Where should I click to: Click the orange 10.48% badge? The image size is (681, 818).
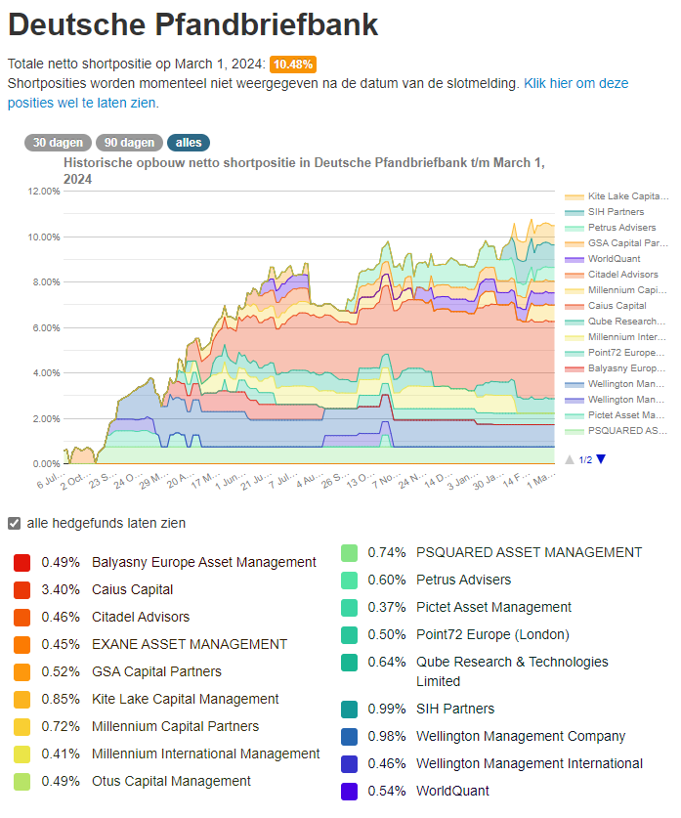[292, 65]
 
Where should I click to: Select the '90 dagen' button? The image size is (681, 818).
[130, 143]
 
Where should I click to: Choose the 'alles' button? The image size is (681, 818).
[189, 143]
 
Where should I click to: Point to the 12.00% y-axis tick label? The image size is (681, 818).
[46, 192]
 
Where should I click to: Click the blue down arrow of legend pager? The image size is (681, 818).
[601, 459]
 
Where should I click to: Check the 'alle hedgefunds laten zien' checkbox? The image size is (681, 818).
[14, 523]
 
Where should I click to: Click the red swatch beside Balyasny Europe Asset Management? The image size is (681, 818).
[22, 563]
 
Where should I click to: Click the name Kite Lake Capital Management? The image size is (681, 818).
[186, 700]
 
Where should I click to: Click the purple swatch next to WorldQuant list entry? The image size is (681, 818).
[349, 791]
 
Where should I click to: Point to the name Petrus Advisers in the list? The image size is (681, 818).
[463, 580]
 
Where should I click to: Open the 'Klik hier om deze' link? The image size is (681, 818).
[575, 83]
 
